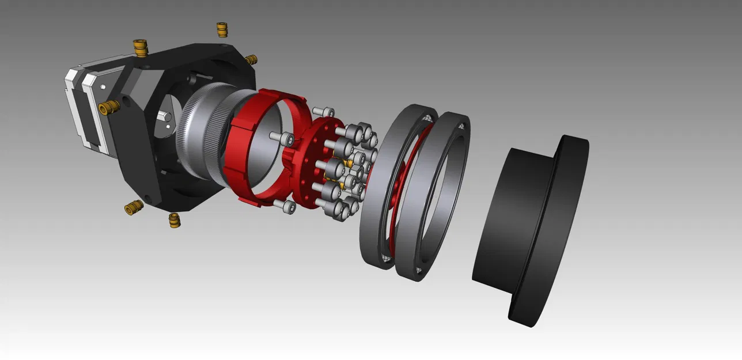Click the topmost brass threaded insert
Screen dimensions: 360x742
pyautogui.click(x=222, y=29)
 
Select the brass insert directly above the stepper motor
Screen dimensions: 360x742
pyautogui.click(x=139, y=47)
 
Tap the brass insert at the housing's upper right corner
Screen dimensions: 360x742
pyautogui.click(x=251, y=60)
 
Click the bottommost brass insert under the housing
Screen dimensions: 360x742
pyautogui.click(x=173, y=220)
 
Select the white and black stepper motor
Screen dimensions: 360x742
pyautogui.click(x=86, y=109)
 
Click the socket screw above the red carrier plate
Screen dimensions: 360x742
pyautogui.click(x=324, y=111)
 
